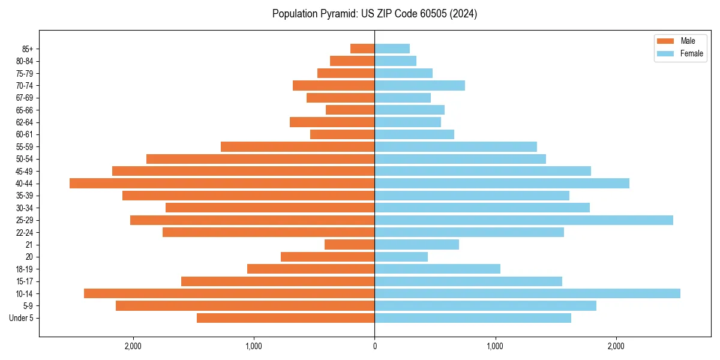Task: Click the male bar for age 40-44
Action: (x=222, y=184)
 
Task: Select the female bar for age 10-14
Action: (x=527, y=293)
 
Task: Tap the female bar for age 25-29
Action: (x=523, y=220)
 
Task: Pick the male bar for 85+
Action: (x=362, y=49)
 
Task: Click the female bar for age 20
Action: (x=401, y=257)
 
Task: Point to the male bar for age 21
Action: (x=349, y=245)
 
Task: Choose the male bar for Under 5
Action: (x=286, y=318)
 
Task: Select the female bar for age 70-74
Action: (x=419, y=86)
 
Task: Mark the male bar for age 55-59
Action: (x=298, y=147)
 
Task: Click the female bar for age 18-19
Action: (x=437, y=269)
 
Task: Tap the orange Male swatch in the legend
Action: (x=666, y=41)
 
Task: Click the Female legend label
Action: (x=691, y=53)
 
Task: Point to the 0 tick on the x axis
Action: (x=374, y=346)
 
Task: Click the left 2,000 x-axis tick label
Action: (x=133, y=346)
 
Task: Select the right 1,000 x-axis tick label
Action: (x=495, y=346)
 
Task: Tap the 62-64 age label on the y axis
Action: (x=25, y=122)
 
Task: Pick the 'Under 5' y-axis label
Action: (x=22, y=318)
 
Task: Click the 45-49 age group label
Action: (x=25, y=172)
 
